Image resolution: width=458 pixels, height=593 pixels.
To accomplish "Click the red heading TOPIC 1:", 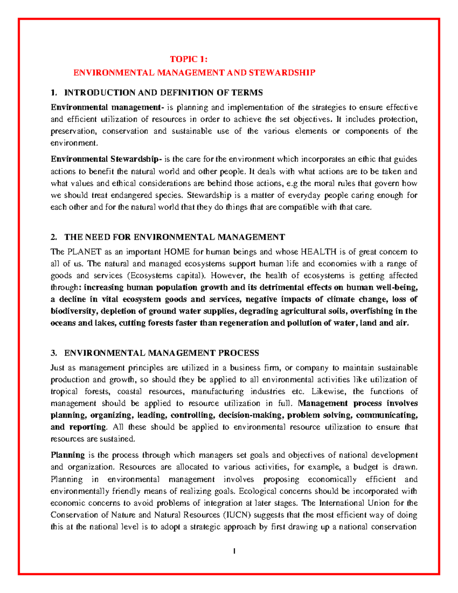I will point(189,59).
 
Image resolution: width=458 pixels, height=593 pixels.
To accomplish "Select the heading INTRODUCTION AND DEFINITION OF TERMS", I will point(163,92).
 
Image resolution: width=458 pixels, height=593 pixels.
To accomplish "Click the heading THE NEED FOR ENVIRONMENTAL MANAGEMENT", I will point(174,237).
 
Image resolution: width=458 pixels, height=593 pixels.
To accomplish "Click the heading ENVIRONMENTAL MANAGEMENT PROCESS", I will point(161,353).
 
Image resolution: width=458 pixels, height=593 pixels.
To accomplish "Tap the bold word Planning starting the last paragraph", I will point(68,455).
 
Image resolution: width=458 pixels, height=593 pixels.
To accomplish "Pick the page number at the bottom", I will point(234,551).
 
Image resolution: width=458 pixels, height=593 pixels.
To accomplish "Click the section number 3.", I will point(53,353).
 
